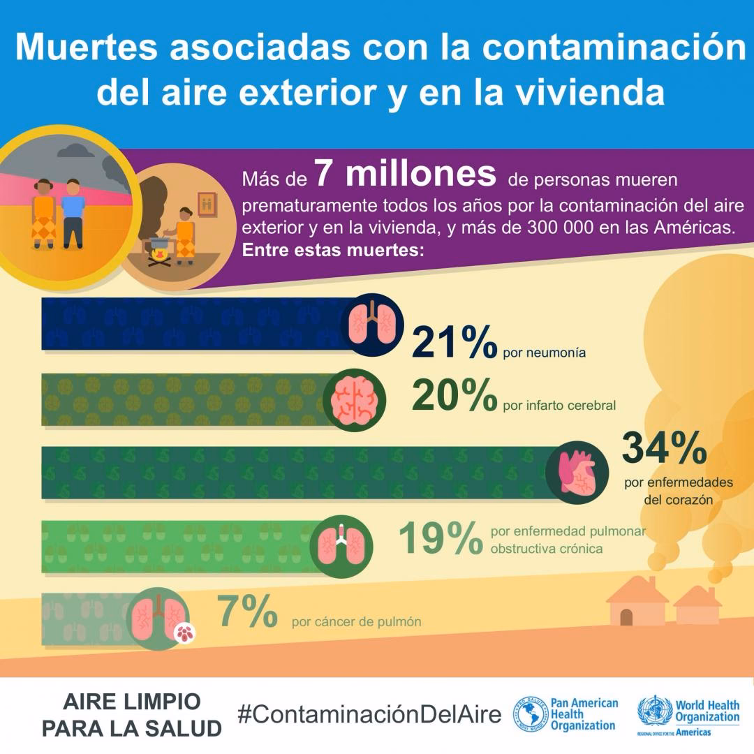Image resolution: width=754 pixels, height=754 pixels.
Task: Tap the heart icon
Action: (x=577, y=472)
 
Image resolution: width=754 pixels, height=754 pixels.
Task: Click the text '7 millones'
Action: (x=405, y=175)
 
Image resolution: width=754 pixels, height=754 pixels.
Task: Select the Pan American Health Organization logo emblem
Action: (x=530, y=714)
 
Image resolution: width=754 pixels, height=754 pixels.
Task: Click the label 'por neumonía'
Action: (x=544, y=353)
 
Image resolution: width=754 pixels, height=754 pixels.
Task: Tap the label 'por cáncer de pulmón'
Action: (x=356, y=621)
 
